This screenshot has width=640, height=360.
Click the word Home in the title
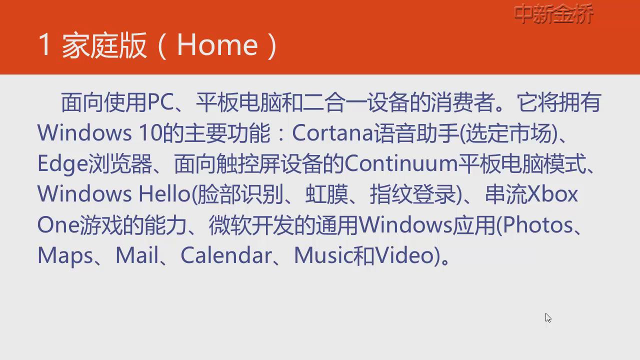tap(217, 45)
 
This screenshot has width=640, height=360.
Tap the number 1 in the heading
tap(45, 44)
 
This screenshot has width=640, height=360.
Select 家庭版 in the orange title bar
tap(104, 45)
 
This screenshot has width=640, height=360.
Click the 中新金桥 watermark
tap(553, 13)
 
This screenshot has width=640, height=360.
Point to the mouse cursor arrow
tap(548, 317)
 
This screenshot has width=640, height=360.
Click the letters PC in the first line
tap(160, 102)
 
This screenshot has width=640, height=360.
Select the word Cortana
tap(333, 133)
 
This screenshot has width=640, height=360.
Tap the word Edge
tap(62, 164)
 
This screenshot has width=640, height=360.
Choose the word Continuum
tap(401, 163)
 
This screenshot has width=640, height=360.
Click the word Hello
tap(164, 193)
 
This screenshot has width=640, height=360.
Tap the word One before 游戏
tap(58, 225)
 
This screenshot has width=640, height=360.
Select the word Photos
tap(538, 225)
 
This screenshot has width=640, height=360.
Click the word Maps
tap(65, 255)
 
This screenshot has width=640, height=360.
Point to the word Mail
tap(137, 255)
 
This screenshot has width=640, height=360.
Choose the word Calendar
tap(226, 255)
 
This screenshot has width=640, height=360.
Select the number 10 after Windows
tap(151, 133)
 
